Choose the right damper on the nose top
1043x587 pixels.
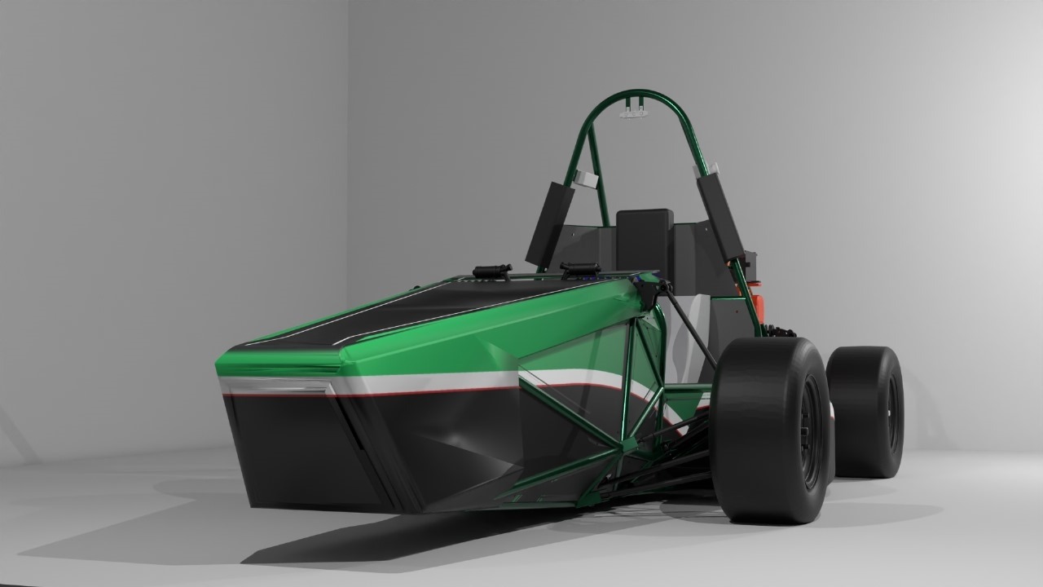coord(579,268)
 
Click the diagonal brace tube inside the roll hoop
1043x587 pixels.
coord(599,179)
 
